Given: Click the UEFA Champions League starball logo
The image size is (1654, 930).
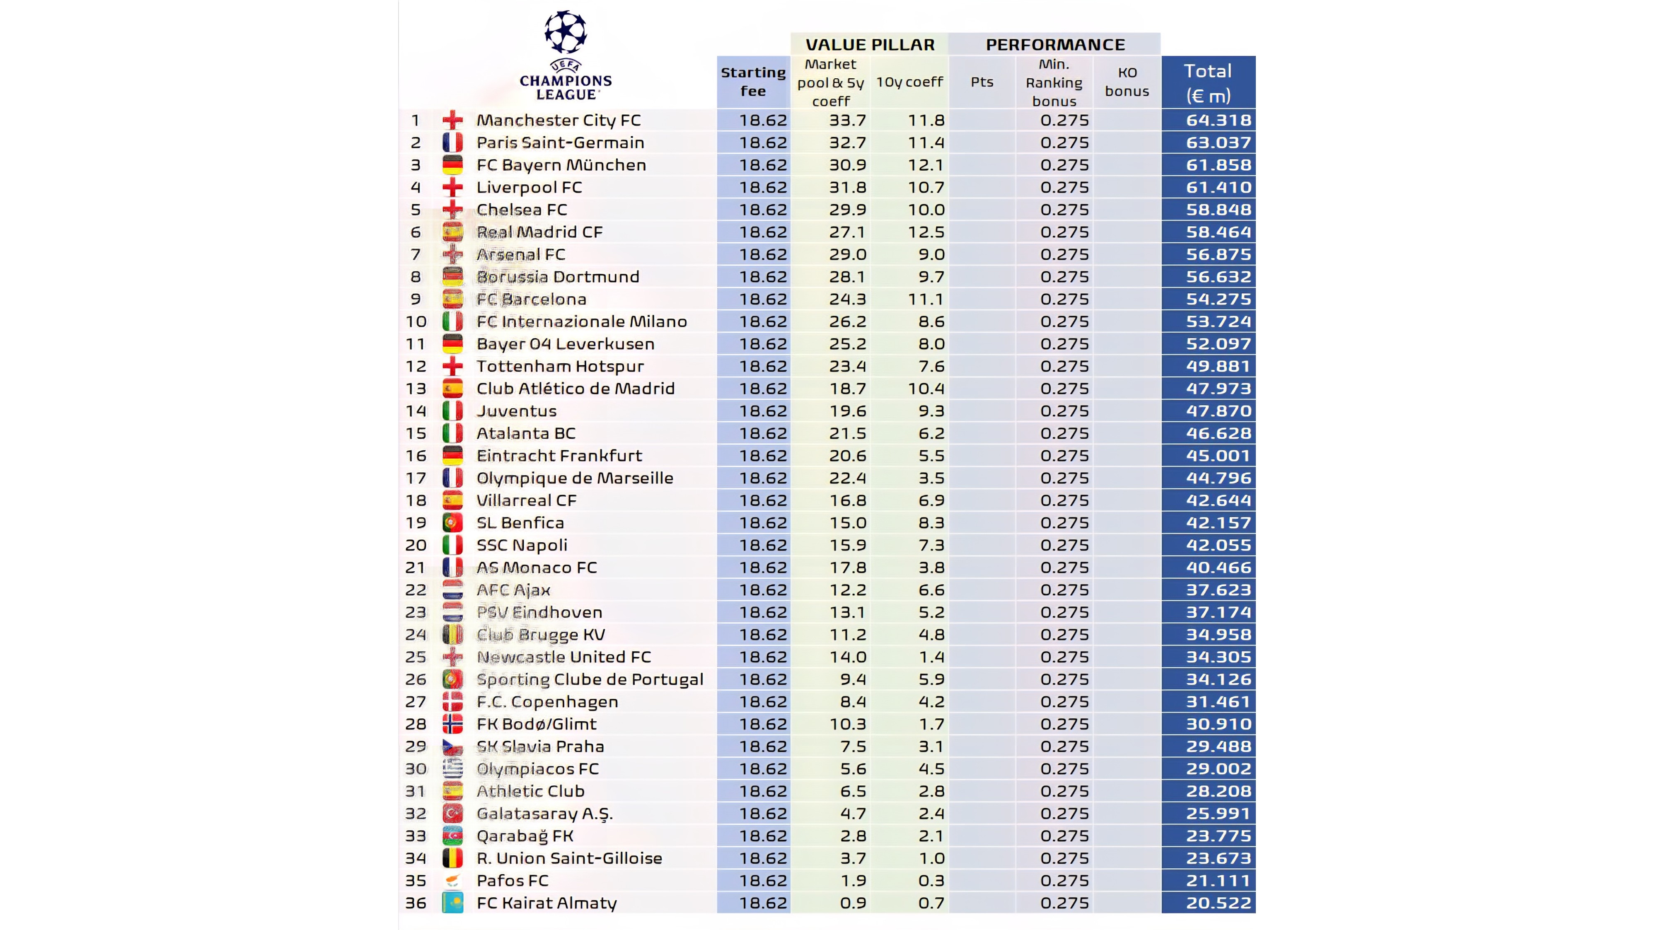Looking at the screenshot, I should pyautogui.click(x=565, y=31).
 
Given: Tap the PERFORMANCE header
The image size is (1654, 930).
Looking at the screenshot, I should pyautogui.click(x=1055, y=44).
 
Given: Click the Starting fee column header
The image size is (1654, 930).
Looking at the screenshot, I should pyautogui.click(x=753, y=82).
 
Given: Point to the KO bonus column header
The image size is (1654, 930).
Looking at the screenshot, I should pyautogui.click(x=1127, y=82).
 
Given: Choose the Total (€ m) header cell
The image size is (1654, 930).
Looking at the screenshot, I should pyautogui.click(x=1208, y=83).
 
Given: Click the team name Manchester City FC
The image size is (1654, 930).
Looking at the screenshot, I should pyautogui.click(x=558, y=120).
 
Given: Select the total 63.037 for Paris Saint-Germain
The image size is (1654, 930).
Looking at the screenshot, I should pyautogui.click(x=1218, y=143).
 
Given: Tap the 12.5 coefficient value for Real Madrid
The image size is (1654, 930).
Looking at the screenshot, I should pyautogui.click(x=926, y=232).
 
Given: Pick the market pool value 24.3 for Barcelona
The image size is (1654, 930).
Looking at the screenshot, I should pyautogui.click(x=848, y=299).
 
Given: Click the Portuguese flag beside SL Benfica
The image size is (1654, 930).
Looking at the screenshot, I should pyautogui.click(x=453, y=522).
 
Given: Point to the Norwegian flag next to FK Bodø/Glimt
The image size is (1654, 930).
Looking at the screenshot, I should pyautogui.click(x=453, y=724).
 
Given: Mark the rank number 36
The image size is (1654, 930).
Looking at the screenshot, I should pyautogui.click(x=416, y=903).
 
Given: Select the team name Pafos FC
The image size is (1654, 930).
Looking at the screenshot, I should pyautogui.click(x=513, y=881).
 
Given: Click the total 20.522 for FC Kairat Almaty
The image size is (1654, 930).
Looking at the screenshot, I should pyautogui.click(x=1218, y=903).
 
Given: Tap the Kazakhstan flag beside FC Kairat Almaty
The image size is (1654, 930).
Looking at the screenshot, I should pyautogui.click(x=453, y=903).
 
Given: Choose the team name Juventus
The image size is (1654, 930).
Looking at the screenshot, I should pyautogui.click(x=516, y=411).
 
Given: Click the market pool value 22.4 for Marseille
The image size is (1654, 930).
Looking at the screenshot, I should pyautogui.click(x=848, y=478).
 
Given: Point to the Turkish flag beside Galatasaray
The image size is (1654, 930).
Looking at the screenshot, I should pyautogui.click(x=453, y=813).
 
